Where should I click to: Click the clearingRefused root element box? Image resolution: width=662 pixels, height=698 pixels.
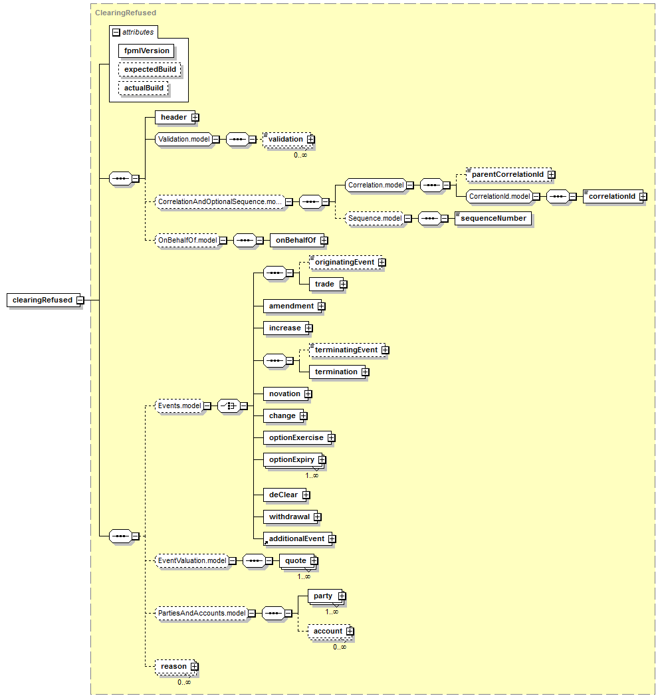coord(43,300)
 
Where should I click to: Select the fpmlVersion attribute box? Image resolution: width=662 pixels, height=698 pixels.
coord(146,51)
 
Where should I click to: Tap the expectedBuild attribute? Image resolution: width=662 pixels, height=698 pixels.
coord(150,69)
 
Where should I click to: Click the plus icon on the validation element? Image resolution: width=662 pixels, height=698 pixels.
coord(311,140)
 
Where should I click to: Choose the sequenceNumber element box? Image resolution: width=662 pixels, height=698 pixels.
coord(493,218)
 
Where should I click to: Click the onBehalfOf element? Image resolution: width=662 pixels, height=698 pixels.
coord(297,241)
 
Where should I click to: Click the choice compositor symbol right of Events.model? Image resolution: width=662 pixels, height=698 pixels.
coord(229,406)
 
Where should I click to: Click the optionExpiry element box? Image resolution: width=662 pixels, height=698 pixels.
coord(293,460)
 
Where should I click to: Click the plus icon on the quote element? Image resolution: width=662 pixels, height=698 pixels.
coord(314,560)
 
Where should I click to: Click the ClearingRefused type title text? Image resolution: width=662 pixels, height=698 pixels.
coord(126,13)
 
